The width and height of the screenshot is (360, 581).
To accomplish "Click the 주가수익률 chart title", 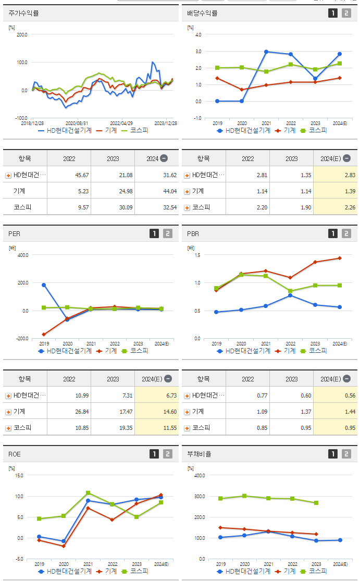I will coord(24,13).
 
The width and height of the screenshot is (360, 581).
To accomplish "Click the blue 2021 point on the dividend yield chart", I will coord(266,52).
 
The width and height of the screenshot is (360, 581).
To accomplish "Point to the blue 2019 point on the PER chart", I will coord(44,285).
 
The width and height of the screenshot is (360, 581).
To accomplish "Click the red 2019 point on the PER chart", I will coord(44,335).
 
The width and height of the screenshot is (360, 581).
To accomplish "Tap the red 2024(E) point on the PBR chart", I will coord(340,258).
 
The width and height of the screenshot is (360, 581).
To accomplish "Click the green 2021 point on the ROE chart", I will coord(88,492).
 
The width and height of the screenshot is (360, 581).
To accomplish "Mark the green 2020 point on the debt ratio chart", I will coord(244,496).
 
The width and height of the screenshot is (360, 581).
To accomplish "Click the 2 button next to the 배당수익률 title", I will coord(346,13).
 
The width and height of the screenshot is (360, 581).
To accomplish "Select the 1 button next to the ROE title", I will coord(154,454).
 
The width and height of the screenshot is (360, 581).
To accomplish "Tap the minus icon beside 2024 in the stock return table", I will coord(164,158).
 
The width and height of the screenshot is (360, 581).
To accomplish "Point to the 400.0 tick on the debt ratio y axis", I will coord(200,475).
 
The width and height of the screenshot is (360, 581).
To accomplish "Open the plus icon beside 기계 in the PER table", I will coord(8,412).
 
